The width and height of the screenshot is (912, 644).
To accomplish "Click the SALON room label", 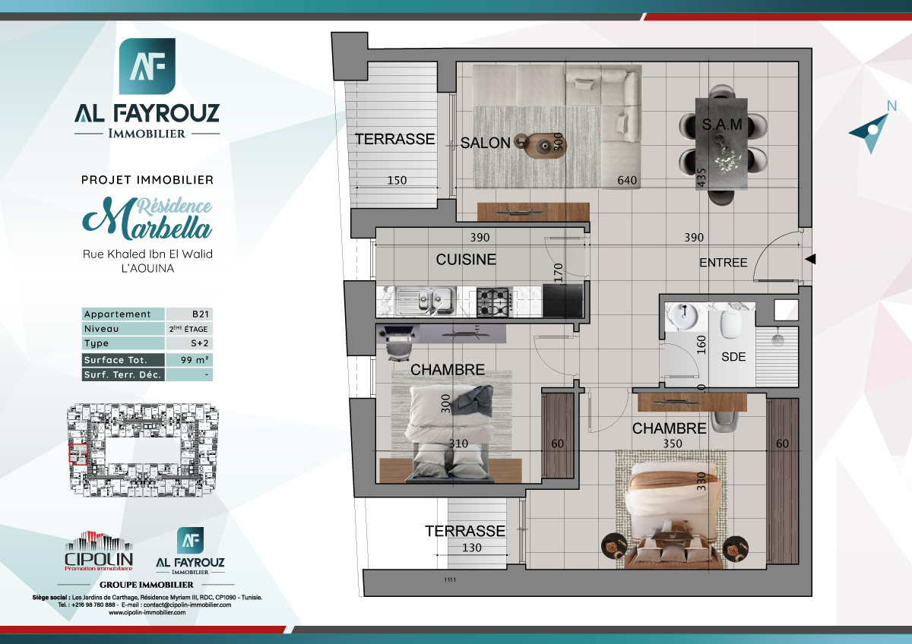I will pyautogui.click(x=485, y=143).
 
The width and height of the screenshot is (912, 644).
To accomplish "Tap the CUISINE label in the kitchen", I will pyautogui.click(x=465, y=260).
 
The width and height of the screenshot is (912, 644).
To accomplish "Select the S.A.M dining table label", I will pyautogui.click(x=721, y=124).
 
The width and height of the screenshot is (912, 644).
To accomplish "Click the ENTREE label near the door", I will pyautogui.click(x=723, y=263).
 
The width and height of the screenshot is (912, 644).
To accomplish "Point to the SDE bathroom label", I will pyautogui.click(x=733, y=356).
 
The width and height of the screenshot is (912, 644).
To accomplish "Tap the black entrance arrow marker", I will pyautogui.click(x=810, y=260).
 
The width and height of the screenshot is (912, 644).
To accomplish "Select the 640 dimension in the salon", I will pyautogui.click(x=627, y=181).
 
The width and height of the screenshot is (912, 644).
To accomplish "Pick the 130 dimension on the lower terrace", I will pyautogui.click(x=472, y=548).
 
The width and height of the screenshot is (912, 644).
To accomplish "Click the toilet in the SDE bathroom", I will pyautogui.click(x=730, y=322).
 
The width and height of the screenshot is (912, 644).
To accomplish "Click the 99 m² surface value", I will pyautogui.click(x=188, y=360).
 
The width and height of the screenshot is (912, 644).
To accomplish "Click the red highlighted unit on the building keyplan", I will pyautogui.click(x=78, y=453).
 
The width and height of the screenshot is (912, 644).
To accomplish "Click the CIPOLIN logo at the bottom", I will pyautogui.click(x=99, y=553).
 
